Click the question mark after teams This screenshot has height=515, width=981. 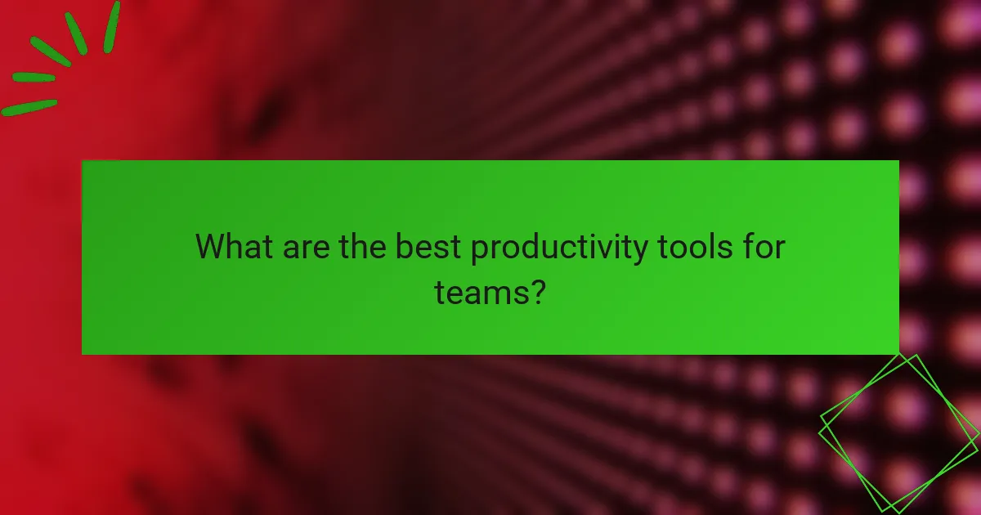pyautogui.click(x=537, y=291)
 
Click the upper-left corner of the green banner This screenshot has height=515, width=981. pyautogui.click(x=83, y=161)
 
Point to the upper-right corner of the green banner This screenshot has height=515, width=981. pyautogui.click(x=898, y=161)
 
